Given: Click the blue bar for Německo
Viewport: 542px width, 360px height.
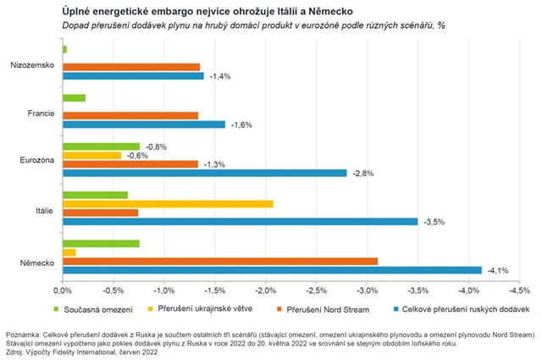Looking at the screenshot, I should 271,270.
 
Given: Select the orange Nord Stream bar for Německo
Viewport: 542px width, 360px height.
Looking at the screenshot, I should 220,261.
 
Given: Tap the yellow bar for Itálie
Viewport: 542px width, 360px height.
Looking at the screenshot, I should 168,203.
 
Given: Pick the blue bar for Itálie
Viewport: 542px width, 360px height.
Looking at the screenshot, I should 241,222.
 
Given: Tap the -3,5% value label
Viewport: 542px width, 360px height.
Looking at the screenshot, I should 432,222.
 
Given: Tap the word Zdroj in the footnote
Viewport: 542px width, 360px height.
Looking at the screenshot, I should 15,352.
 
